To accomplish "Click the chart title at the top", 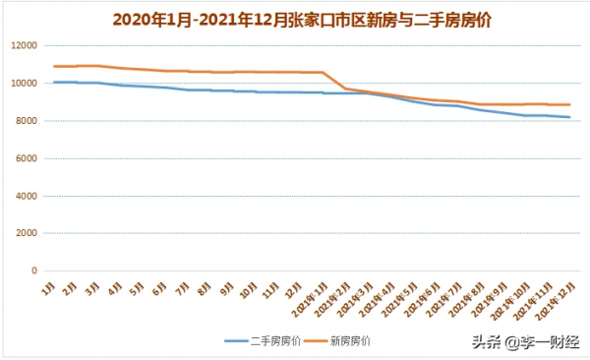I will [x=295, y=17].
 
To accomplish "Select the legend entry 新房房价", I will [x=350, y=340].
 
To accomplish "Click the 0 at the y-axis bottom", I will [x=32, y=270].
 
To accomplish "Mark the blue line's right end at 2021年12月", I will [x=570, y=117].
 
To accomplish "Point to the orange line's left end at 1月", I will [x=54, y=66].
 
